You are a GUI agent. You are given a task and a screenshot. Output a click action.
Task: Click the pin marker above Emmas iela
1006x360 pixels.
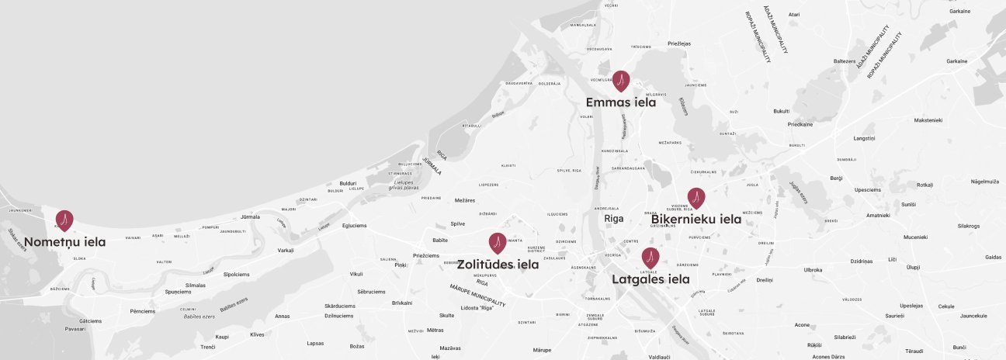[621, 80]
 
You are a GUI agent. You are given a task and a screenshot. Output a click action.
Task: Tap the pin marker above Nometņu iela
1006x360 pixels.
[65, 220]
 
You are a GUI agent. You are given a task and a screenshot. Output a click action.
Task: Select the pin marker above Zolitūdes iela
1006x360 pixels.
[497, 243]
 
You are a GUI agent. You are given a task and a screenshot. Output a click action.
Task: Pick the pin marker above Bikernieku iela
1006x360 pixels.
[696, 198]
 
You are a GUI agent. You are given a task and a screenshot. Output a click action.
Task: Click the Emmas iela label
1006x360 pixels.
[621, 102]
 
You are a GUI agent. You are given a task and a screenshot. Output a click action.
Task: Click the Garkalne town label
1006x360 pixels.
[959, 12]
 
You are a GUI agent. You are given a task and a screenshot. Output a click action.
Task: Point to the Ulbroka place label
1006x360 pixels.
[813, 270]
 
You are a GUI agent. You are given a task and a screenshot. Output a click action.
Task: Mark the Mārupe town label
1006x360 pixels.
[541, 351]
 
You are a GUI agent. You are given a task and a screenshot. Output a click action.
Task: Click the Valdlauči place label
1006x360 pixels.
[659, 356]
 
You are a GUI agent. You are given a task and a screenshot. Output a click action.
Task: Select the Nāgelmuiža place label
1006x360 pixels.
[985, 181]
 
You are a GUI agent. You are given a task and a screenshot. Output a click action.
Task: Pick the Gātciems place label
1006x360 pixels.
[91, 320]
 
